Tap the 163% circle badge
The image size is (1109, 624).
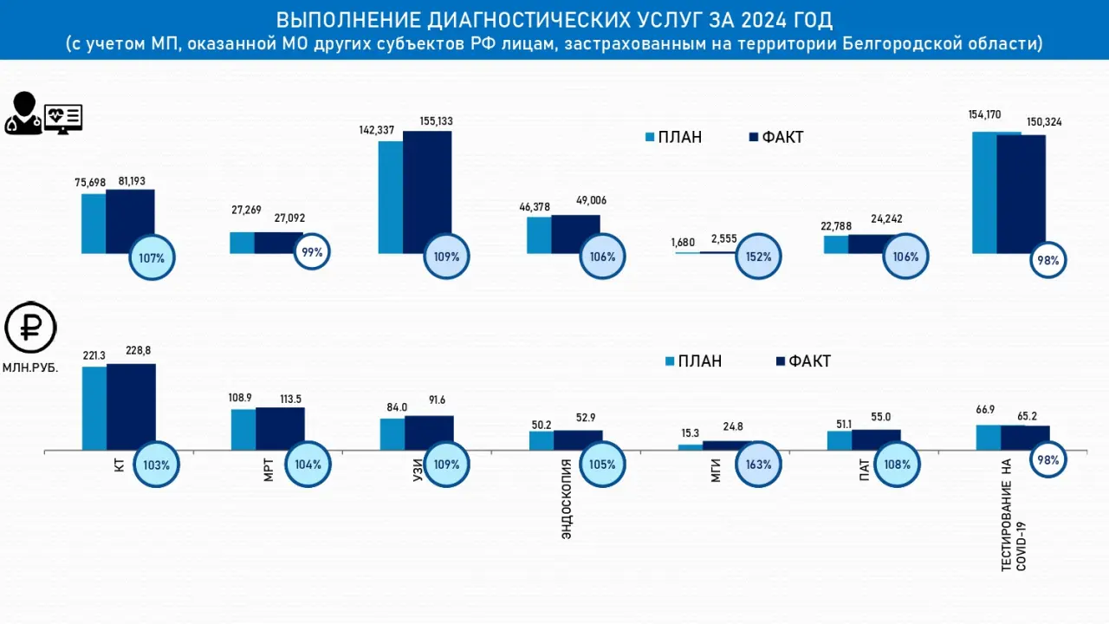(758, 464)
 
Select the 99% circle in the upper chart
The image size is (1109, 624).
(311, 252)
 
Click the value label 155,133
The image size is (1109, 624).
(429, 121)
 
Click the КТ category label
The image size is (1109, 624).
(120, 465)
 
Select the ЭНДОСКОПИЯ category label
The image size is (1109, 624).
(567, 499)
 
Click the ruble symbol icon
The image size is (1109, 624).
(30, 328)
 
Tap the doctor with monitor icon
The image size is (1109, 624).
(43, 114)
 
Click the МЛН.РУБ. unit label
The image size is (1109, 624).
(31, 367)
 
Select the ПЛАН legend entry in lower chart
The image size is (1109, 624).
(693, 361)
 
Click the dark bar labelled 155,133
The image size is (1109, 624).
(427, 192)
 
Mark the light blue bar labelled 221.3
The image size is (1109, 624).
(94, 407)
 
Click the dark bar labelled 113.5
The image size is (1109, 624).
(280, 428)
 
